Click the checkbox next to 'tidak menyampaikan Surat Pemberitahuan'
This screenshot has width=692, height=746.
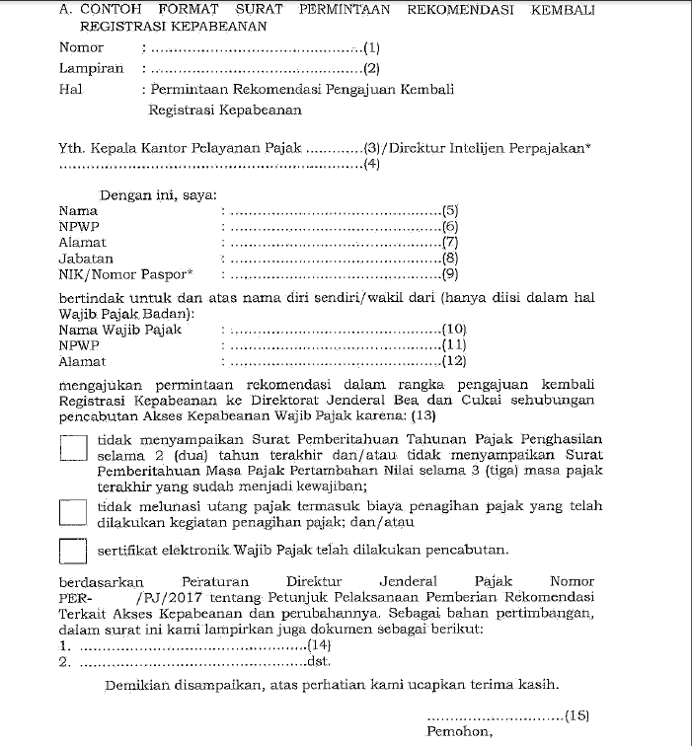[74, 449]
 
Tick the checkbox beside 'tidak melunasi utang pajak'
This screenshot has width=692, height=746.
[74, 511]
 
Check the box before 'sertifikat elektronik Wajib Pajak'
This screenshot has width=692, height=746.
[74, 550]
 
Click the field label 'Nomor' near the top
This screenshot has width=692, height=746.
[81, 47]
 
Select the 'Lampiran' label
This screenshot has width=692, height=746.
[91, 68]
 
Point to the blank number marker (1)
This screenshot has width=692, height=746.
[371, 47]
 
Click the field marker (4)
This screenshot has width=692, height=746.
[371, 165]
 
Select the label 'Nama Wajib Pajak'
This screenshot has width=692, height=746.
[119, 330]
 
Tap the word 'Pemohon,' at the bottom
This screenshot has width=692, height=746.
[459, 732]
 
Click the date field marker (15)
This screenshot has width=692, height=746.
[577, 715]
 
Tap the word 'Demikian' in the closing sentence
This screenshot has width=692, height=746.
[134, 684]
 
